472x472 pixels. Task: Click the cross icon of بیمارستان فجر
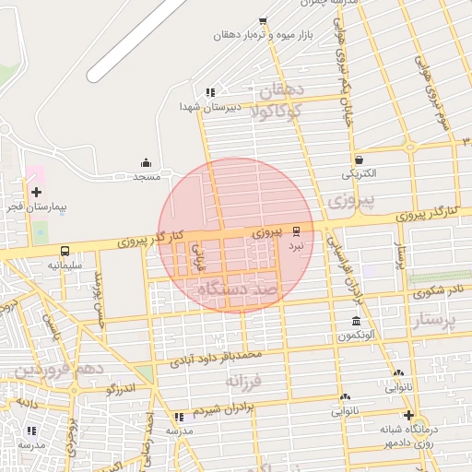tap(36, 193)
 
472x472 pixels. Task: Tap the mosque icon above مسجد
tap(146, 162)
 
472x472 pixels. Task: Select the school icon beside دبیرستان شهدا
tap(210, 92)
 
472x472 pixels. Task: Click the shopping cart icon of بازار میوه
tap(263, 20)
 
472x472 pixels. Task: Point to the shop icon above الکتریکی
tap(358, 159)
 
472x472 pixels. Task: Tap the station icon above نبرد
tap(296, 230)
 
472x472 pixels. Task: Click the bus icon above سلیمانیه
tap(65, 251)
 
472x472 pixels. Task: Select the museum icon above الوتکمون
tap(356, 321)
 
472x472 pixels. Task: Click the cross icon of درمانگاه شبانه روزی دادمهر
tap(409, 415)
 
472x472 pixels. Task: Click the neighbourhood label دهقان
tap(283, 93)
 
